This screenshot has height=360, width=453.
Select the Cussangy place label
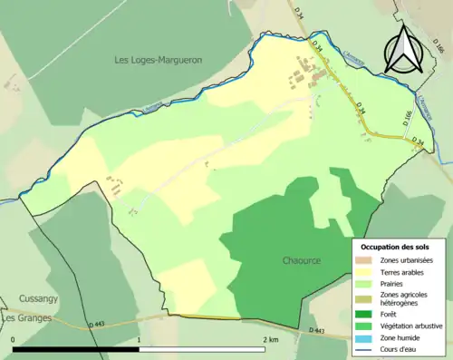pos(37,298)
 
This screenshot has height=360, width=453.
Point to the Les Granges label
pos(26,318)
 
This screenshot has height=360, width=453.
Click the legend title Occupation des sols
pos(396,246)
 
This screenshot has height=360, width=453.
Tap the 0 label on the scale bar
pos(14,339)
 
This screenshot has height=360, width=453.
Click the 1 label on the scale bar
pos(140,339)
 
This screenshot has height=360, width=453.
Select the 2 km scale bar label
pos(271,339)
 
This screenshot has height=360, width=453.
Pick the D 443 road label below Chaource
pos(316,331)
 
